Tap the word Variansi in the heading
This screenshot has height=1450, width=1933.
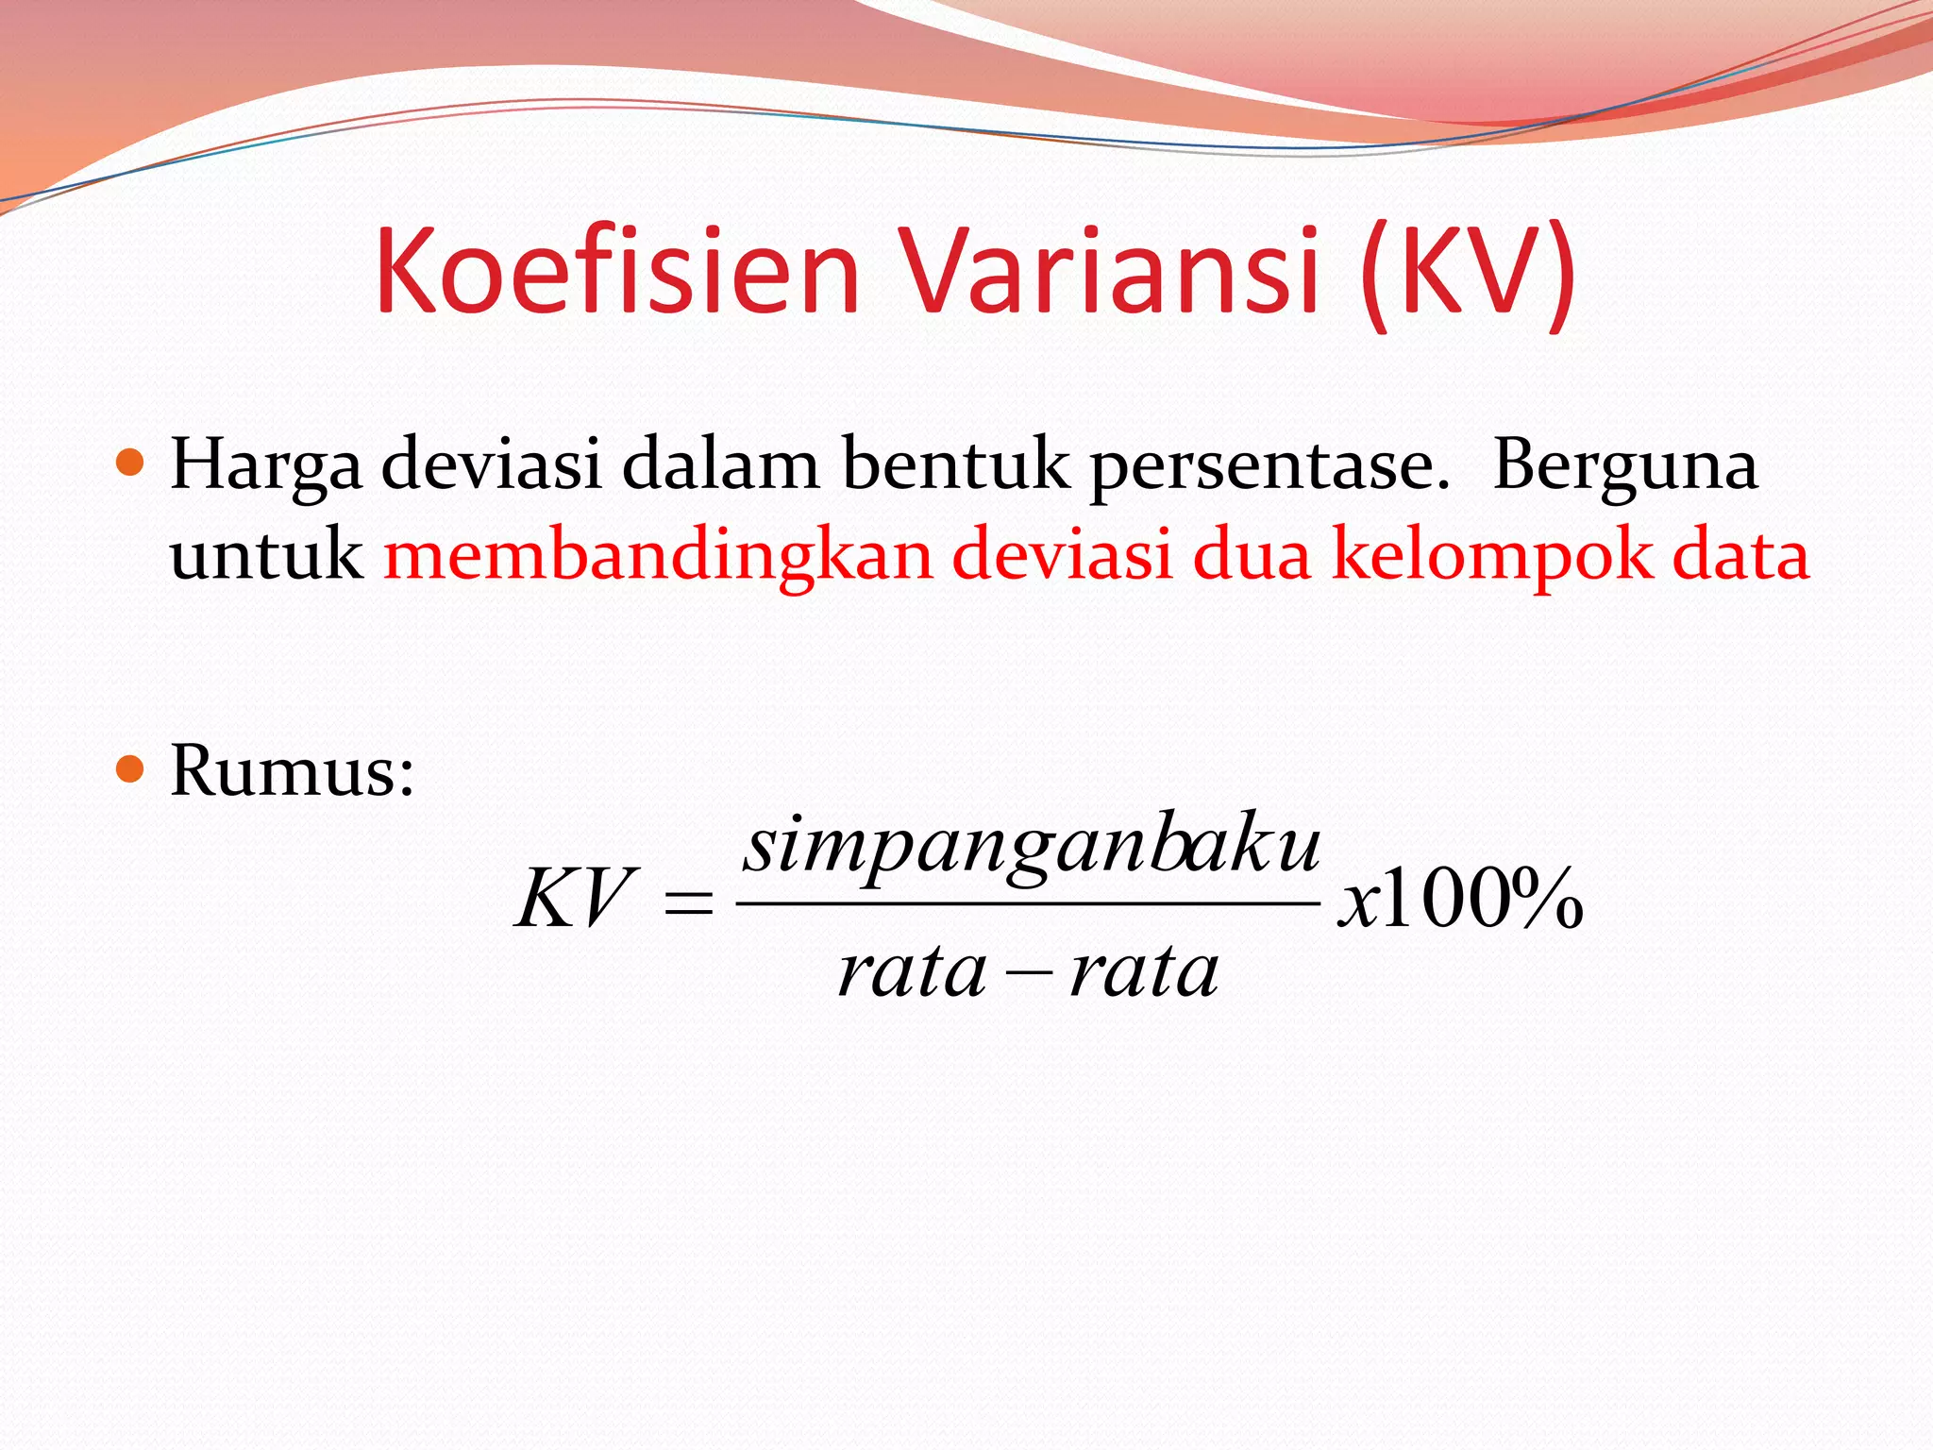click(1111, 272)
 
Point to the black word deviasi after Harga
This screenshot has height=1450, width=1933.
click(491, 465)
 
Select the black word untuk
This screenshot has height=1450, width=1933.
click(266, 555)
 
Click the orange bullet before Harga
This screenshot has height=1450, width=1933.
click(129, 464)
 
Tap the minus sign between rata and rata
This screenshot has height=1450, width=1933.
click(1029, 972)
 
